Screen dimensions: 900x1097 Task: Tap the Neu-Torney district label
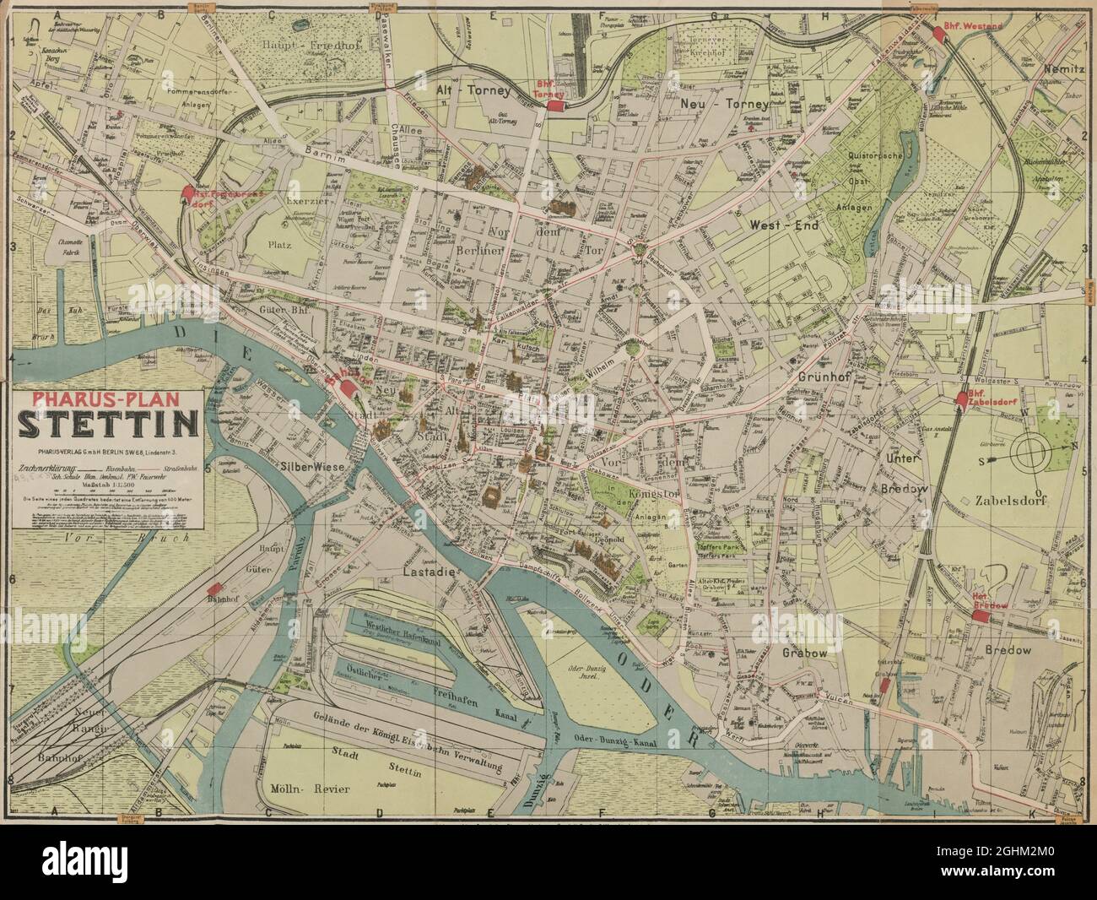tap(725, 105)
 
